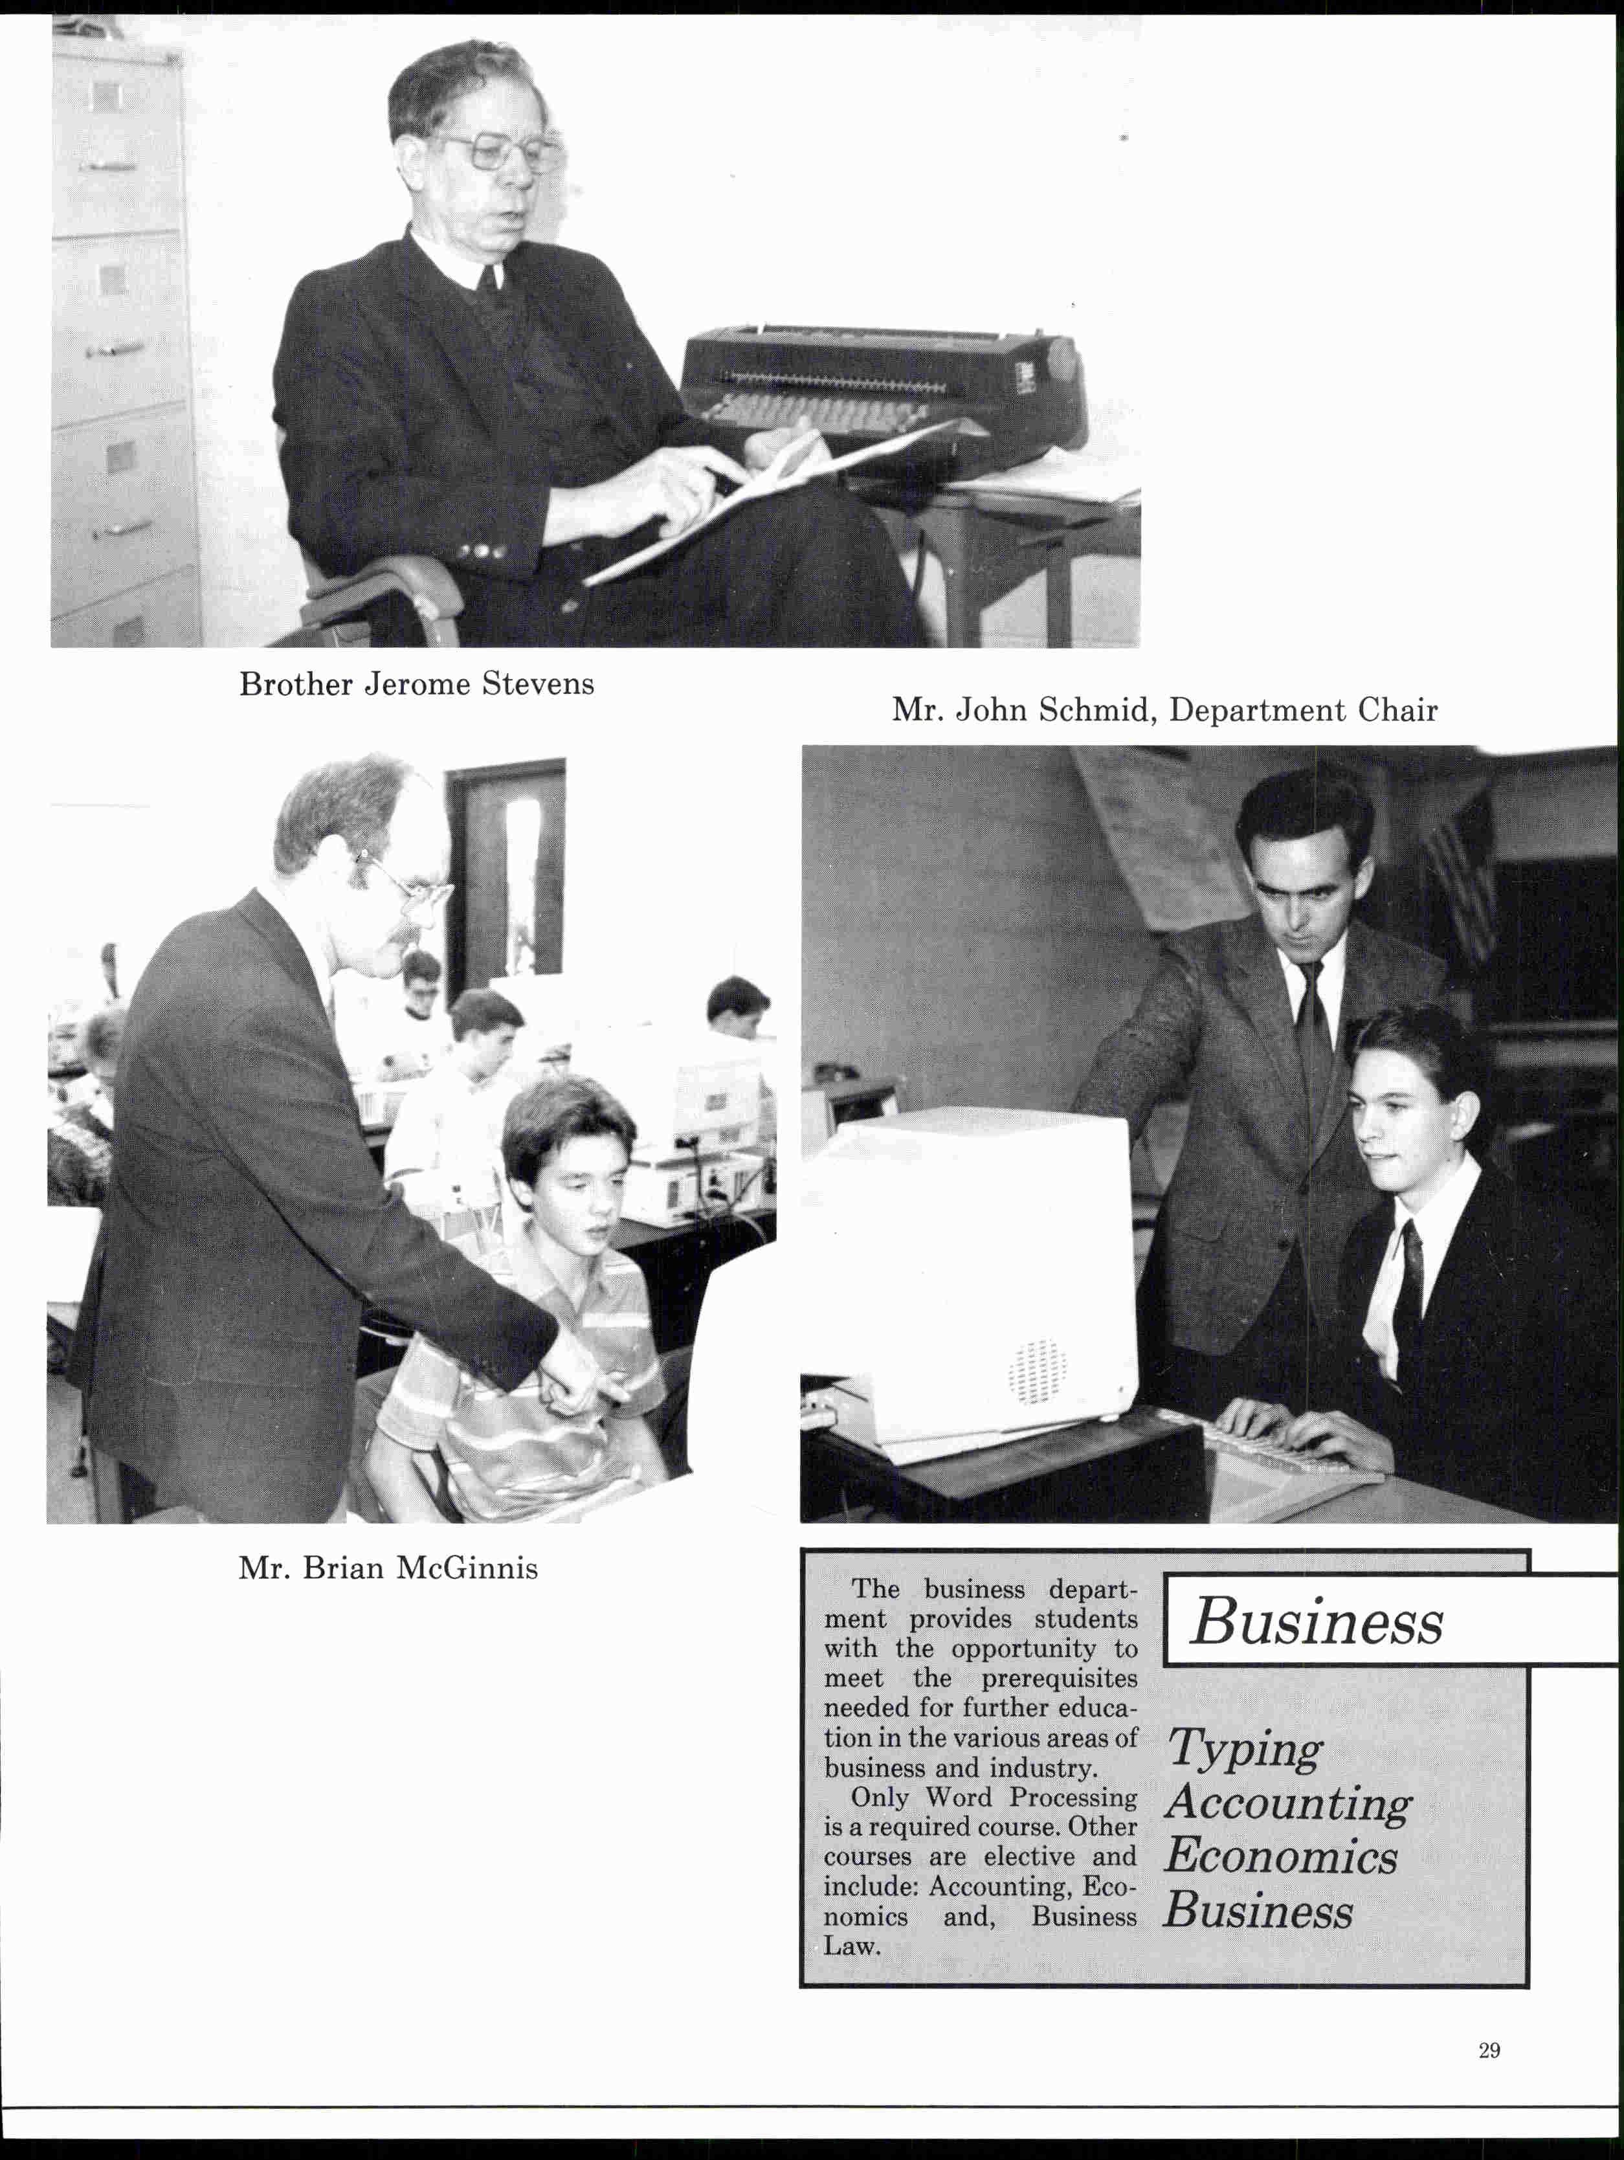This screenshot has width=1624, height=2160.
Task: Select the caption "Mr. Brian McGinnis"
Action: pyautogui.click(x=388, y=1568)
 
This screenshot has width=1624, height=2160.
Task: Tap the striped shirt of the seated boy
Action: pyautogui.click(x=528, y=1406)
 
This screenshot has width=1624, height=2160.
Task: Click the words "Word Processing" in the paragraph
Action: pyautogui.click(x=1031, y=1798)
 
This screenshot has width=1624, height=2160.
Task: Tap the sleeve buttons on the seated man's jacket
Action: pyautogui.click(x=484, y=551)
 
